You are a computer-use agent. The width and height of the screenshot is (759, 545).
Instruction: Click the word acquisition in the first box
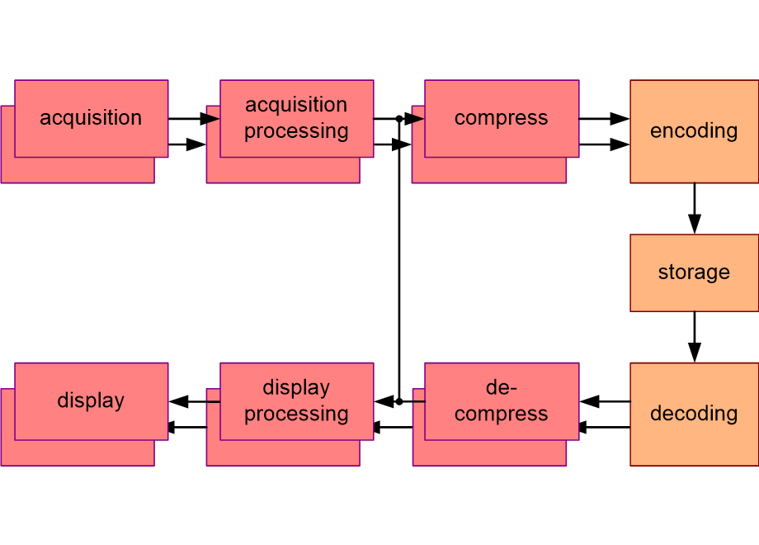coord(91,118)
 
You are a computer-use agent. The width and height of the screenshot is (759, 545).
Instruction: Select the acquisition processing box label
coord(296,118)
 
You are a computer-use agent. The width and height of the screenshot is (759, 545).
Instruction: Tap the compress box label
coord(501,118)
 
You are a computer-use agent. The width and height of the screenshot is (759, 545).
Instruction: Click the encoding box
coord(694,131)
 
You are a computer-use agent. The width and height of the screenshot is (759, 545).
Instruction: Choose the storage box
coord(694,272)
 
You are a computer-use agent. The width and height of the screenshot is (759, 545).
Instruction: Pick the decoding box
coord(694,414)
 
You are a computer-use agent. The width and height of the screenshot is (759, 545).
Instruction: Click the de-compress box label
coord(501,401)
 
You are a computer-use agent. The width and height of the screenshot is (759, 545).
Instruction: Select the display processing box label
coord(296,401)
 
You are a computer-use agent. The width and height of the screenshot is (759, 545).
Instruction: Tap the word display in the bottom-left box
coord(91,401)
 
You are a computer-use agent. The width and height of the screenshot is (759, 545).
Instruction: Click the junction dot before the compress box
coord(398,119)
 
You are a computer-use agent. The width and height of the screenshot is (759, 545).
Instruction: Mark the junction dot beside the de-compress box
coord(398,401)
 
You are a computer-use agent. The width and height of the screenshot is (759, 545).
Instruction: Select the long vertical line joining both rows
coord(398,260)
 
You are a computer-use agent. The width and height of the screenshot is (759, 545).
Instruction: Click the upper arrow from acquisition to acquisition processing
coord(194,119)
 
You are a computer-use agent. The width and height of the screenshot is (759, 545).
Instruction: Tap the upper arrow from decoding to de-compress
coord(605,401)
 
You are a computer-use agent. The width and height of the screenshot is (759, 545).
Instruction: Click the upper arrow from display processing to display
coord(195,401)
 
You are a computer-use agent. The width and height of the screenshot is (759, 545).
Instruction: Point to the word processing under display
coord(296,414)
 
